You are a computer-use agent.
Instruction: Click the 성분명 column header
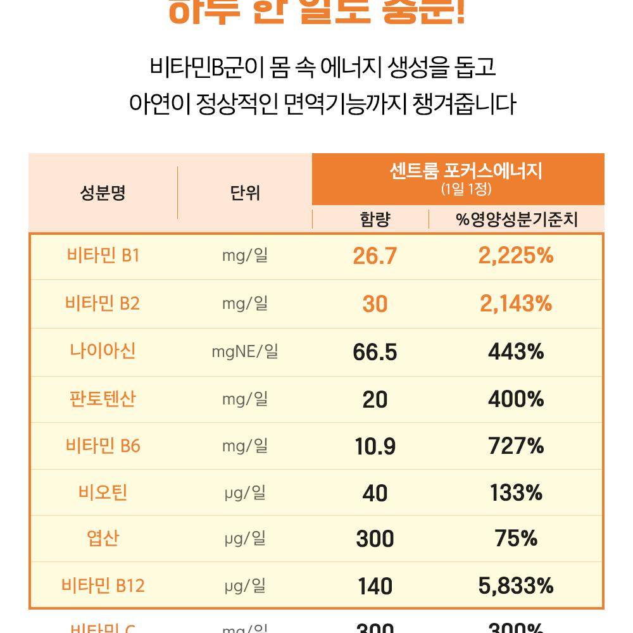(x=103, y=193)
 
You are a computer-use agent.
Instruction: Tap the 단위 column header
(x=245, y=193)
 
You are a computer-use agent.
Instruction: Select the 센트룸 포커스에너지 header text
(x=466, y=171)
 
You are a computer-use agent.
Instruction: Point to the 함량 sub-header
(x=375, y=220)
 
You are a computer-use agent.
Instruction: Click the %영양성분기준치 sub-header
(x=517, y=220)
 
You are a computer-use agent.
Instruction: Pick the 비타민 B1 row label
(x=103, y=256)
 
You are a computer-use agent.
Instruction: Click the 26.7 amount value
(x=375, y=256)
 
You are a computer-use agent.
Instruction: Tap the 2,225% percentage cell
(x=516, y=256)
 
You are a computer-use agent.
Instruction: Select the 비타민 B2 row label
(x=103, y=304)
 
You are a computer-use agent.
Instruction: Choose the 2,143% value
(x=516, y=304)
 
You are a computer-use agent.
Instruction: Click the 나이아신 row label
(x=103, y=351)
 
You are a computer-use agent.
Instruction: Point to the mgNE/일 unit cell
(x=245, y=351)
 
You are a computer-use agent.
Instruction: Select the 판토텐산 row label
(x=103, y=399)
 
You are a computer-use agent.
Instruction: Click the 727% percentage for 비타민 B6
(x=516, y=446)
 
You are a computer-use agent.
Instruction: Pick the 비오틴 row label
(x=103, y=492)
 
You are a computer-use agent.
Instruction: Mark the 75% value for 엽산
(x=516, y=539)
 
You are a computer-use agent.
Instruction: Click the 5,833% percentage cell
(x=516, y=586)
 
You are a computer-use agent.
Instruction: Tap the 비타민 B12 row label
(x=103, y=586)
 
